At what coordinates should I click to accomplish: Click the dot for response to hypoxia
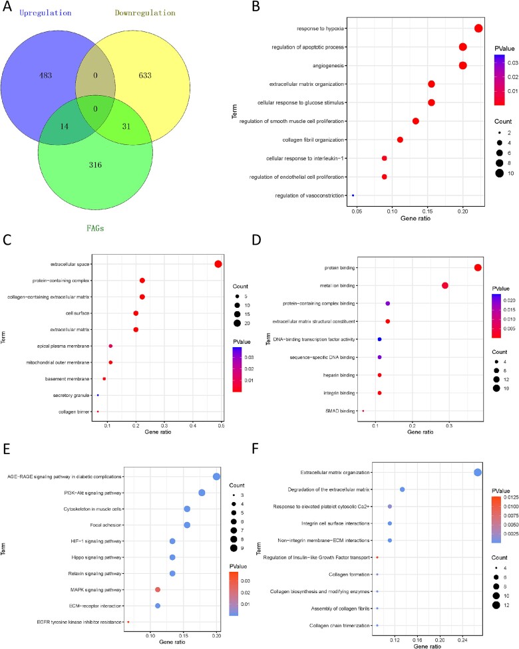pos(478,28)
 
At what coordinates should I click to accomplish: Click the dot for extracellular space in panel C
pos(218,264)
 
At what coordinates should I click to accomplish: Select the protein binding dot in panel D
pos(478,267)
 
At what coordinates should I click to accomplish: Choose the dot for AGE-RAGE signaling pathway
pos(216,476)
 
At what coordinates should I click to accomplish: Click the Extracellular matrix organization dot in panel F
pos(478,472)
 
